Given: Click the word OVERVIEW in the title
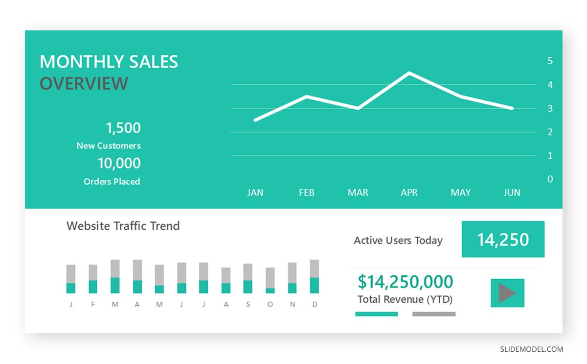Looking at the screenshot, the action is [x=84, y=83].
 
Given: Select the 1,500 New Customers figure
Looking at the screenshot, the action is [x=123, y=128].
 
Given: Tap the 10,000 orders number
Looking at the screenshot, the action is [x=119, y=163].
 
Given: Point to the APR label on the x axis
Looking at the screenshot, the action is [x=409, y=193].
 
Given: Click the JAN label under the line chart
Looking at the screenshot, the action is [x=255, y=193].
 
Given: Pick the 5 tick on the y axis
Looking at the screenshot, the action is [x=550, y=61].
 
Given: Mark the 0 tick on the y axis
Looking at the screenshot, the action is [x=550, y=179].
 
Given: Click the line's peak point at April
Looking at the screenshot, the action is [x=409, y=73].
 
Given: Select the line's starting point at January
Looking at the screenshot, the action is [x=255, y=120].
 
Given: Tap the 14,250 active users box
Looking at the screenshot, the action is [x=503, y=239].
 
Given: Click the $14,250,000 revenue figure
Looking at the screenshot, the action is [x=405, y=282].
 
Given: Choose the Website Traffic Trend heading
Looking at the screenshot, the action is [x=123, y=226].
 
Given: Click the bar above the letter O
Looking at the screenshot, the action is [x=270, y=280].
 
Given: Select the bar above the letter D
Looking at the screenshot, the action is [x=315, y=276].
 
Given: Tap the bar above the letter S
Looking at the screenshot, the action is [x=248, y=278].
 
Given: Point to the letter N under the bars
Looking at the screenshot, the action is [x=293, y=304].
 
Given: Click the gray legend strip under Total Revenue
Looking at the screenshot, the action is [x=434, y=314].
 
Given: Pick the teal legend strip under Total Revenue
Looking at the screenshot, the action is [x=377, y=314].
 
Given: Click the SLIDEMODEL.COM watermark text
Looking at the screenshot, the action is [x=531, y=349].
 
